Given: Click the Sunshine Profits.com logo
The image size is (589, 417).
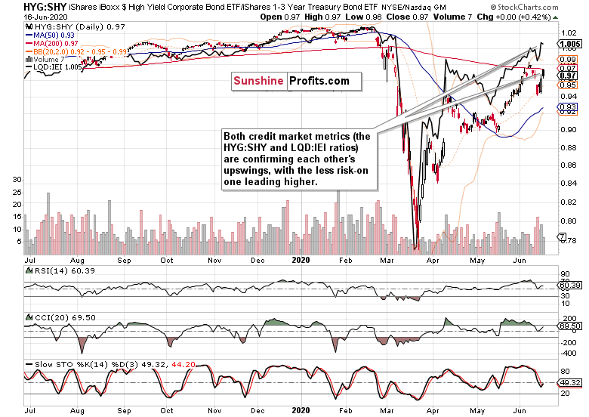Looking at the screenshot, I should pyautogui.click(x=291, y=80).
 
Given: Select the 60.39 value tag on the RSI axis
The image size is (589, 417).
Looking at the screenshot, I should pyautogui.click(x=569, y=286).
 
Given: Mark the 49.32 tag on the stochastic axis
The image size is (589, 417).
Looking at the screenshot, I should pyautogui.click(x=569, y=382).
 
